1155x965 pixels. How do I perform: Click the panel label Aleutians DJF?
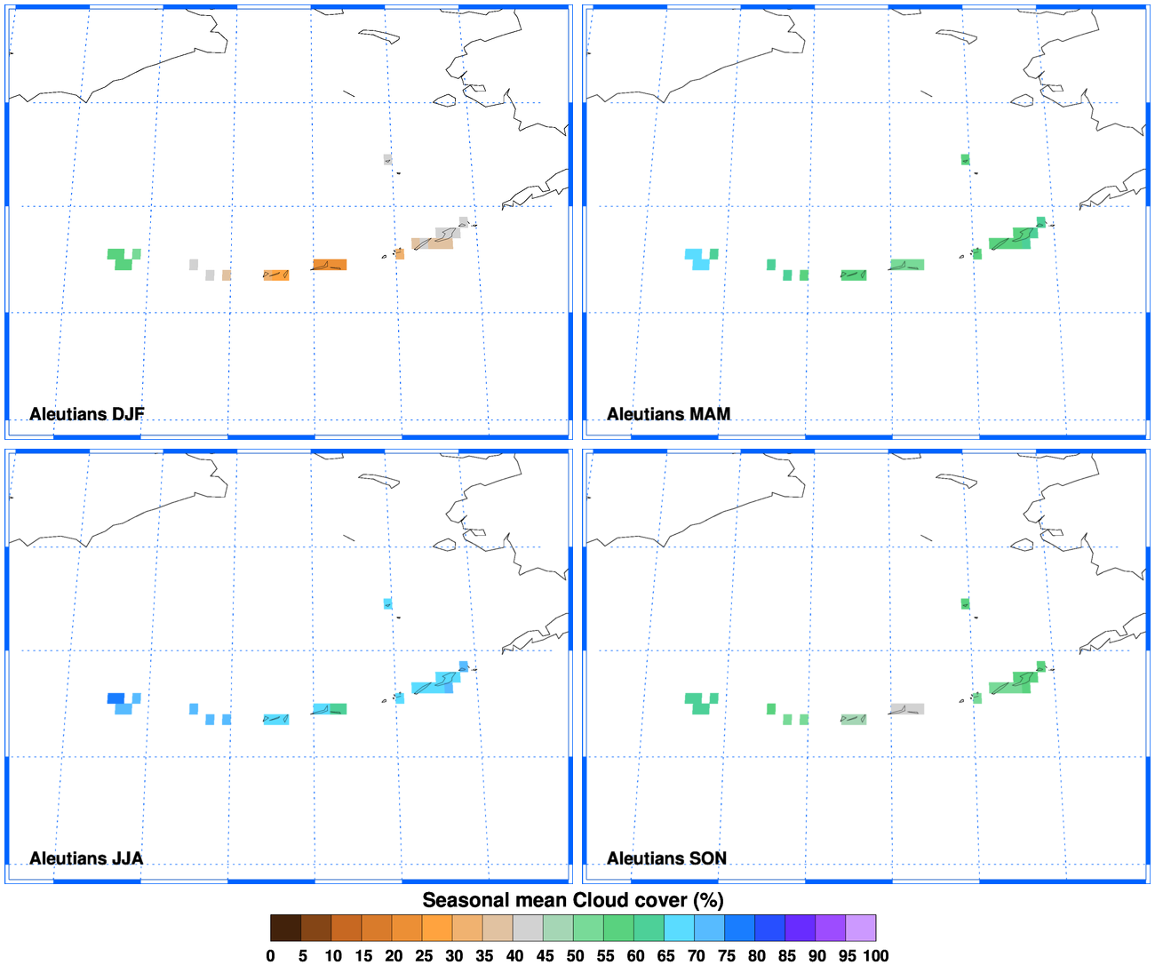coord(86,414)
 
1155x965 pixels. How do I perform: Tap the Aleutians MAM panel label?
coord(668,414)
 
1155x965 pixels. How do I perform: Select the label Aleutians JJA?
coord(85,858)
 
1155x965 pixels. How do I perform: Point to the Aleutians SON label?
coord(666,858)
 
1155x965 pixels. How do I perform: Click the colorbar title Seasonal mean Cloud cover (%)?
coord(573,900)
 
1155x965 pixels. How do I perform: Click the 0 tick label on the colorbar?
coord(271,956)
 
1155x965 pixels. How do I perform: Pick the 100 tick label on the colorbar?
coord(875,956)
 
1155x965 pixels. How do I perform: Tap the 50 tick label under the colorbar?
coord(575,956)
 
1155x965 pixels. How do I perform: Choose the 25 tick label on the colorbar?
coord(424,956)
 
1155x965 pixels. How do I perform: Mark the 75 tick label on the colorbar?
coord(726,956)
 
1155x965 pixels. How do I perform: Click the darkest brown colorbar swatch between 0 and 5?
coord(286,928)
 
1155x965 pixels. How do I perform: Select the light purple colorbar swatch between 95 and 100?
coord(860,928)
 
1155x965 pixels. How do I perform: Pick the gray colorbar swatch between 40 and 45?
coord(528,928)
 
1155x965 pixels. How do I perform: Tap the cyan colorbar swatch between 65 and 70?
coord(679,928)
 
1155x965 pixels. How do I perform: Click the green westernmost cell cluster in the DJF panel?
coord(123,259)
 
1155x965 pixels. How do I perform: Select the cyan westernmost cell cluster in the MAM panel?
coord(700,259)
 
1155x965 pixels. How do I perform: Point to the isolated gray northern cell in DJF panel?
coord(388,160)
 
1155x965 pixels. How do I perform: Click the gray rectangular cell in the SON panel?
coord(907,709)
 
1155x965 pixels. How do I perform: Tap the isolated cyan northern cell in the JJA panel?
coord(388,604)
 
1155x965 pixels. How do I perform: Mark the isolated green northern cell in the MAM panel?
coord(965,160)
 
